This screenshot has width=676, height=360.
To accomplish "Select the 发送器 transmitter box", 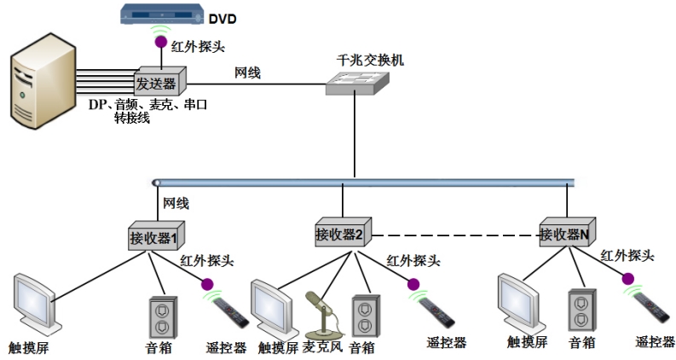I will point(155,82).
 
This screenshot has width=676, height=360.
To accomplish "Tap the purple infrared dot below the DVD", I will point(157,40).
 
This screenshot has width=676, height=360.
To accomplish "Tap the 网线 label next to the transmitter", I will point(247,73).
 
